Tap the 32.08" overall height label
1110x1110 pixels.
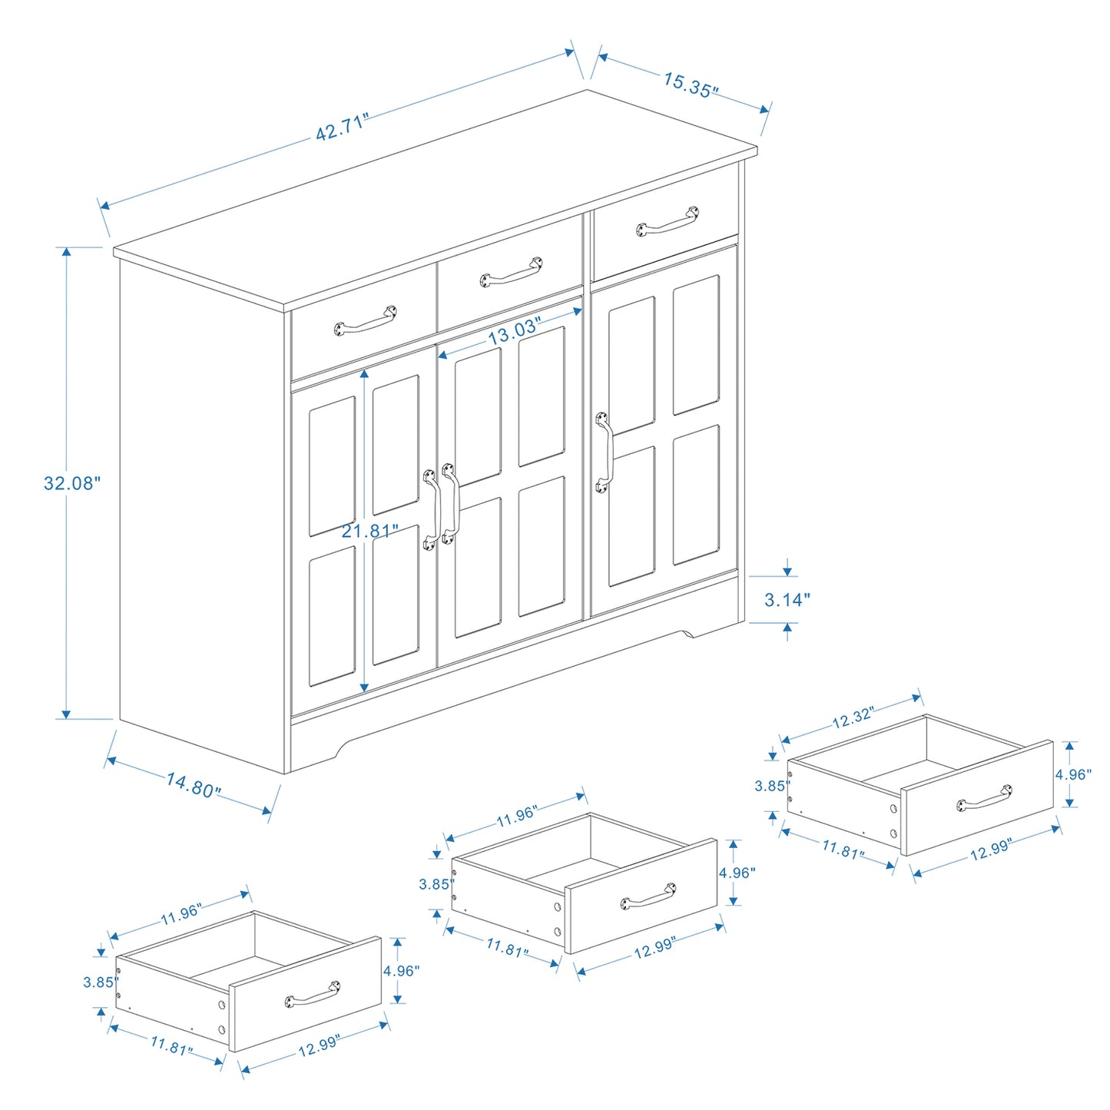(71, 483)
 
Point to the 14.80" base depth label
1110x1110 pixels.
(194, 785)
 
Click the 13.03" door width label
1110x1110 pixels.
(514, 331)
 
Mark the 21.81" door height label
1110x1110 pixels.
(370, 531)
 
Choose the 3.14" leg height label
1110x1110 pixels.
(787, 600)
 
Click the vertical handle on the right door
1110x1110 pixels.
(605, 452)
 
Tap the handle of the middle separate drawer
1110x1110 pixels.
(648, 896)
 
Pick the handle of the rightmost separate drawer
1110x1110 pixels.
(984, 798)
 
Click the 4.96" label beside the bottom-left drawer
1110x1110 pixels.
(401, 971)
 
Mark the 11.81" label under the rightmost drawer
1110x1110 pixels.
(843, 850)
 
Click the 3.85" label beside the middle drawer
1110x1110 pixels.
(434, 884)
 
